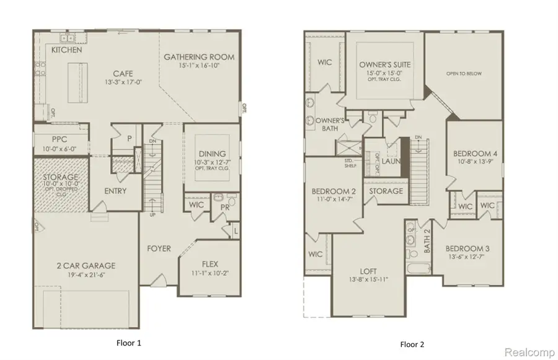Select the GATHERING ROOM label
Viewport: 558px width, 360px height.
[x=199, y=57]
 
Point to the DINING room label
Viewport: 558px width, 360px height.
[x=212, y=154]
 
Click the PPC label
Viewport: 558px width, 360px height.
[x=59, y=140]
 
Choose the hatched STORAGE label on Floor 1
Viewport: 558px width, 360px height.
[x=61, y=177]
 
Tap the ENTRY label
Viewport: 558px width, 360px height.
[x=116, y=191]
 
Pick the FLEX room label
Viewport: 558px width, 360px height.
[x=208, y=263]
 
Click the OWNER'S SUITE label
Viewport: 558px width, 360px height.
[x=385, y=64]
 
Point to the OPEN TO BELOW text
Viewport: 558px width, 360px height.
[x=464, y=74]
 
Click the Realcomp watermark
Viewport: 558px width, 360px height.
[x=529, y=352]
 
